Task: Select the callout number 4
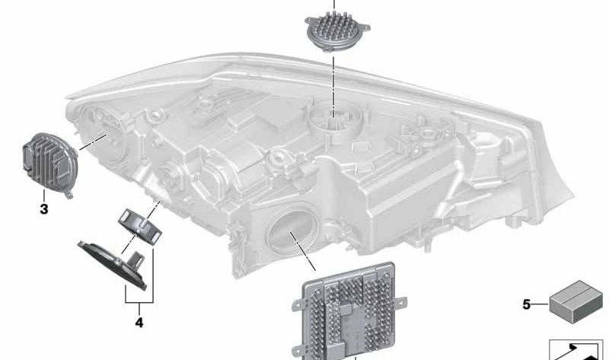click(x=139, y=322)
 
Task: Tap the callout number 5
click(x=526, y=305)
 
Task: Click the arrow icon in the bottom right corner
click(x=578, y=351)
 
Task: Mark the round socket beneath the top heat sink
click(x=333, y=119)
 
